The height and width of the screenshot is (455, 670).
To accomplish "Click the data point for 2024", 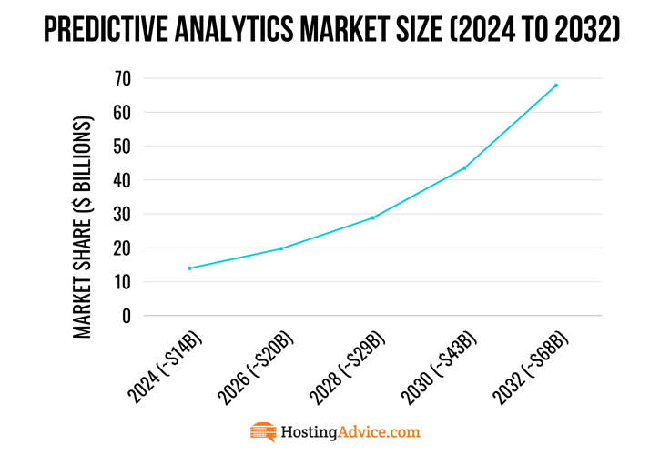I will (x=189, y=268).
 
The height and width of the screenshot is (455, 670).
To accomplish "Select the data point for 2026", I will (x=281, y=248).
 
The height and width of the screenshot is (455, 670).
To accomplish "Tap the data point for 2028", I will (x=372, y=217).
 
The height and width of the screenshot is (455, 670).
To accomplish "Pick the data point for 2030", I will (x=464, y=167).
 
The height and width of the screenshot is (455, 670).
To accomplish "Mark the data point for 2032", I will (x=555, y=86).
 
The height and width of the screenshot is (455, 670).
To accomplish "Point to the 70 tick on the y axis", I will (x=122, y=78).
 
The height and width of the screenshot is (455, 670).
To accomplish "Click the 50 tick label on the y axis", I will (x=122, y=147).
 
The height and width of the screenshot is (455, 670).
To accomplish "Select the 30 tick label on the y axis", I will (x=122, y=215).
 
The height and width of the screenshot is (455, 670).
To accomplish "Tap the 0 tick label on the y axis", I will (x=127, y=317).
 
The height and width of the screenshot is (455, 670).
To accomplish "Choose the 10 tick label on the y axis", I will (x=122, y=282).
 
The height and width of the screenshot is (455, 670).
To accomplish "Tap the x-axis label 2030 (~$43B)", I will (x=439, y=367).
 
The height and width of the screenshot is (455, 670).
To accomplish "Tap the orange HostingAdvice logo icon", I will (x=263, y=432).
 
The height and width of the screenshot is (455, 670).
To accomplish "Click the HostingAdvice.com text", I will (x=350, y=432).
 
